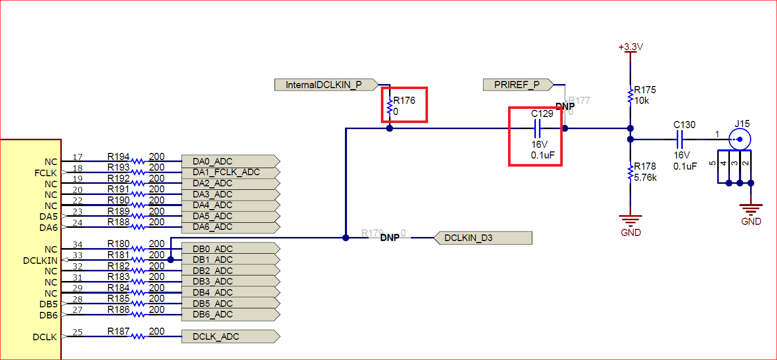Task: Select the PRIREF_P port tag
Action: [517, 85]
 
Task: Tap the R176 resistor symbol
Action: [390, 107]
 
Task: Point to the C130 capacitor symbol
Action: [680, 139]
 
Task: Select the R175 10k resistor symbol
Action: [630, 94]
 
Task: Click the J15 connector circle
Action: [739, 139]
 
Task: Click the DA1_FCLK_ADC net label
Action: [227, 172]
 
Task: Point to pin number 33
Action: [77, 255]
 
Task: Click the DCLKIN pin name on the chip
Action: [40, 260]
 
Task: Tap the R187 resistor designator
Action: [118, 331]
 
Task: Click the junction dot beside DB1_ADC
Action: [170, 260]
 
